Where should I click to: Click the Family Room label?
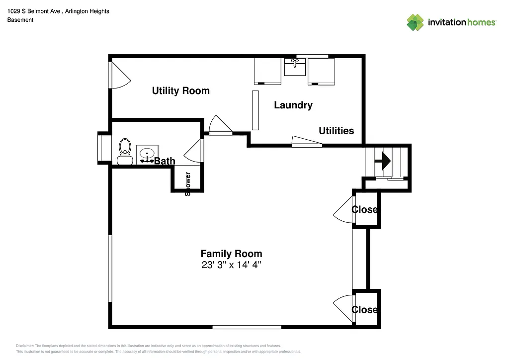231,254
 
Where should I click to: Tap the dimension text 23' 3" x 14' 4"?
231,265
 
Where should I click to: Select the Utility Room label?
180,90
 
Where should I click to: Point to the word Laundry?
293,105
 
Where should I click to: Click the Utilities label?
336,131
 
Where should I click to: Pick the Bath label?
165,161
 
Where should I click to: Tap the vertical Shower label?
188,183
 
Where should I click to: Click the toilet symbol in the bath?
125,151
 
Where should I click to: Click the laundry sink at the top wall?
295,67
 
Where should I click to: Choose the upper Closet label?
366,209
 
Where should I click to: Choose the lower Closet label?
366,309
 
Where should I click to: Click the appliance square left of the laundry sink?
267,71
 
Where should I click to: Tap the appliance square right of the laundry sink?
321,71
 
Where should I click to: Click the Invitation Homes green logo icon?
415,22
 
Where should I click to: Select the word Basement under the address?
20,20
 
